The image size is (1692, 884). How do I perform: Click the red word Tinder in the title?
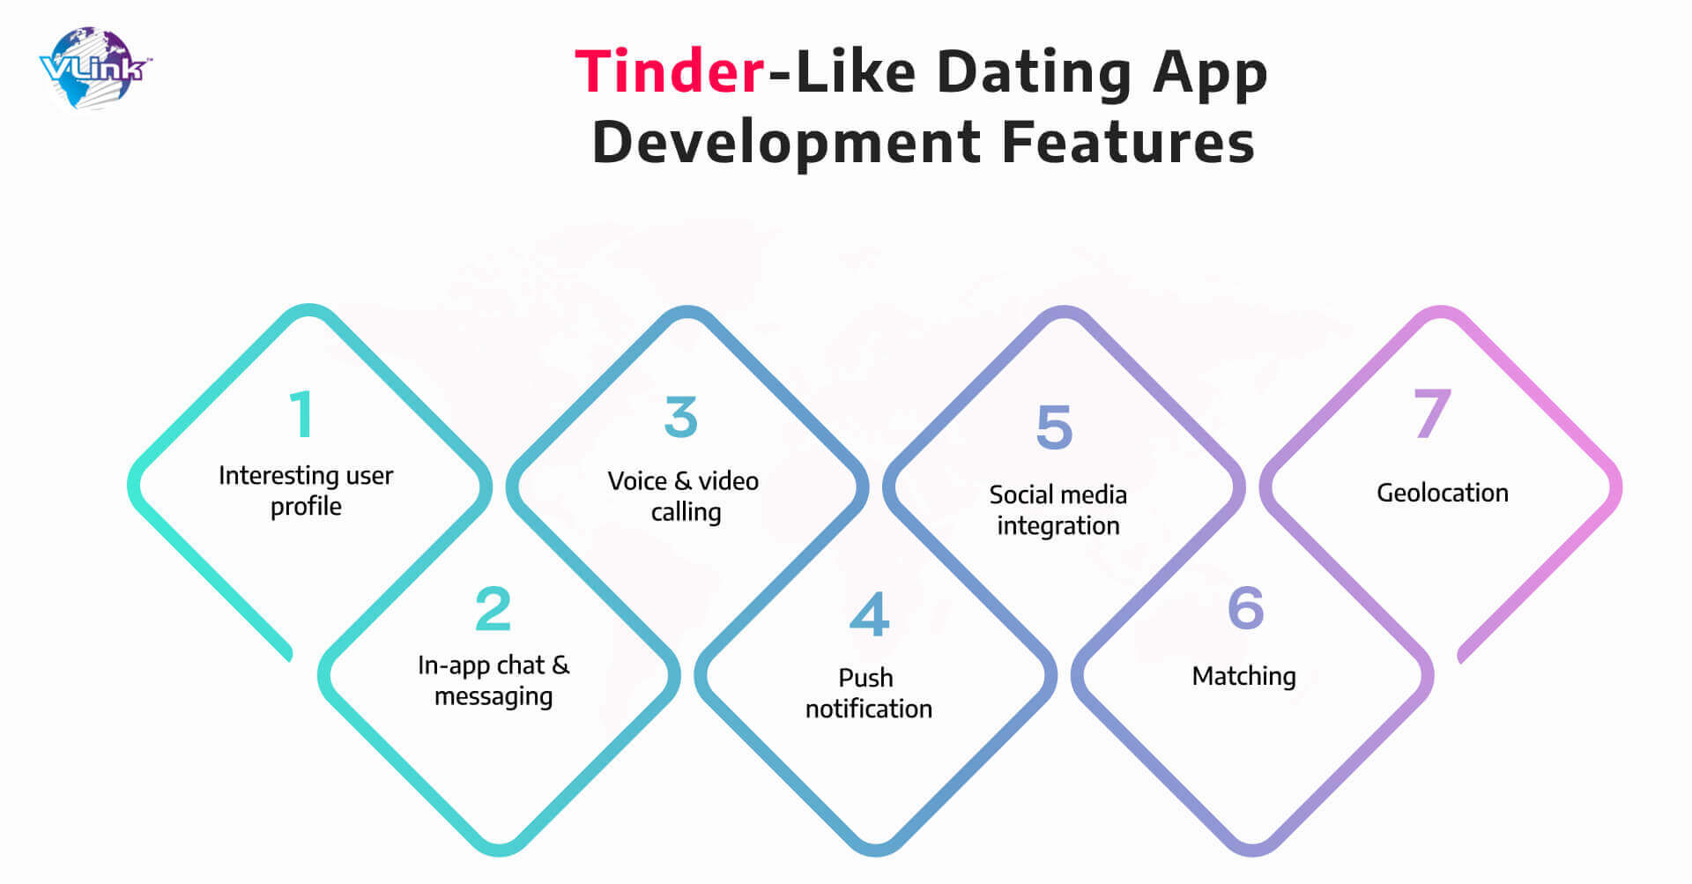(x=670, y=71)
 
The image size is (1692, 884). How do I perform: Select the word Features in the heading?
(x=1128, y=142)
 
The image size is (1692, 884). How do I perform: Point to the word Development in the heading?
(x=786, y=144)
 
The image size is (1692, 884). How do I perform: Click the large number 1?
(x=301, y=413)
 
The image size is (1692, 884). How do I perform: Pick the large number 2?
(x=493, y=608)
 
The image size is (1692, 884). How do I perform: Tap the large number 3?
(x=680, y=417)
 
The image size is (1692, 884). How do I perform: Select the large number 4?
(x=869, y=614)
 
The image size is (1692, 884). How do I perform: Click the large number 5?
(x=1055, y=427)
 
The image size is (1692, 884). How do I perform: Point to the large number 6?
(x=1245, y=607)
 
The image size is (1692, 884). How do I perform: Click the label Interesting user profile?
(x=306, y=491)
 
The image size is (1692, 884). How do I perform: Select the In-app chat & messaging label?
(x=493, y=680)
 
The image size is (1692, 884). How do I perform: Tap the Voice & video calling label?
(x=684, y=496)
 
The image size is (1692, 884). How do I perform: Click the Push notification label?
(x=868, y=693)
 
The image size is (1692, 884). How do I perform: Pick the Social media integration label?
(x=1057, y=509)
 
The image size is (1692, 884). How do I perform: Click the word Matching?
(x=1243, y=676)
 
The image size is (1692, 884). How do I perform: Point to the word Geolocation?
(x=1443, y=493)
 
